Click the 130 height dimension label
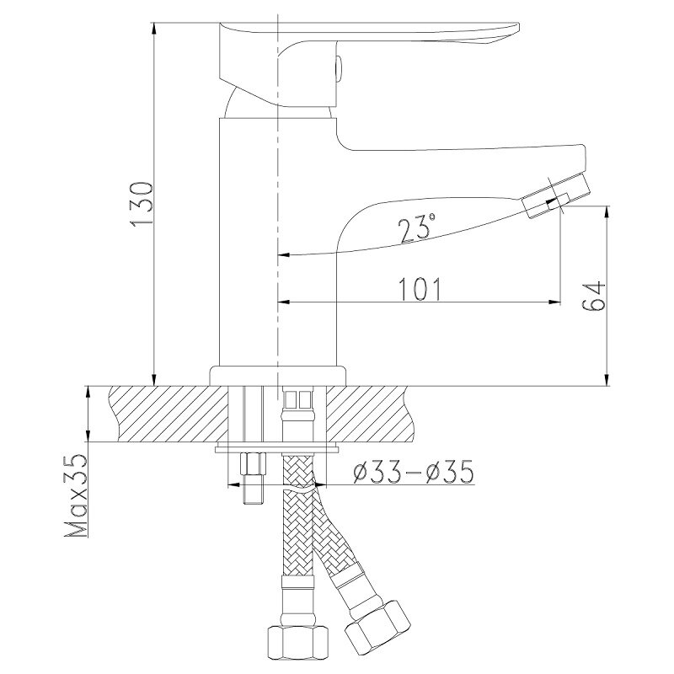point(141,204)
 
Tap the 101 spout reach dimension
point(420,289)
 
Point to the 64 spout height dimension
point(594,297)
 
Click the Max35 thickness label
point(76,495)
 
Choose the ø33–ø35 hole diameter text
point(413,472)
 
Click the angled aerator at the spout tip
point(556,197)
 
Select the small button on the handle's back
point(339,68)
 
